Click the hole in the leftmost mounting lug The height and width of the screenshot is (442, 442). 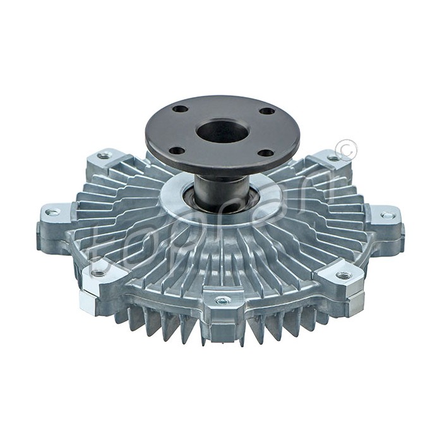tap(53, 212)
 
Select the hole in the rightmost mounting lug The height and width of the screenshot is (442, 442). tap(386, 215)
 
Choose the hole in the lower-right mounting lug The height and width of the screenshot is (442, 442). tap(343, 275)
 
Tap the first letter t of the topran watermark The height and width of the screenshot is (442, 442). tap(100, 253)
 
